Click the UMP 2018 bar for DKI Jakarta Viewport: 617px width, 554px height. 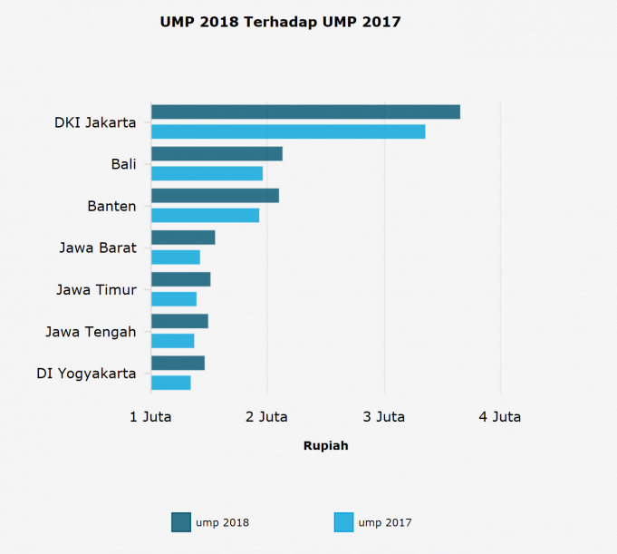305,112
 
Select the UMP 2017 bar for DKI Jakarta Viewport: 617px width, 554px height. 288,131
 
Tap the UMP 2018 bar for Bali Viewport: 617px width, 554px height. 217,153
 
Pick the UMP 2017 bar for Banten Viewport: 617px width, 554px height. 205,215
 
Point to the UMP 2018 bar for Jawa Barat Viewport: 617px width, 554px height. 183,238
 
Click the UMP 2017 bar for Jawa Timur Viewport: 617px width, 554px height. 174,299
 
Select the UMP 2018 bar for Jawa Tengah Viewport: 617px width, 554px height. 179,321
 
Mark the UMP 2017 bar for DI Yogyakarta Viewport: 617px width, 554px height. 171,383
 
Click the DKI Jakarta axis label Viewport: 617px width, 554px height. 95,122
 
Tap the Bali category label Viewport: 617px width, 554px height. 123,164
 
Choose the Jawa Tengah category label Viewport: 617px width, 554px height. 91,332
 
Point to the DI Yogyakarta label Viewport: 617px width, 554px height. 86,374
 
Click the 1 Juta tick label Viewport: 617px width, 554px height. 150,417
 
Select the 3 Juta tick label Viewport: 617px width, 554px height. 384,417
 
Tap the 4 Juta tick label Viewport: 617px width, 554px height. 500,417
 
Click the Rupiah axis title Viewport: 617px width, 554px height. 325,446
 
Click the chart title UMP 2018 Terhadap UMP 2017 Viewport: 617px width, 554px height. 280,22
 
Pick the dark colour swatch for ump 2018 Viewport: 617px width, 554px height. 181,522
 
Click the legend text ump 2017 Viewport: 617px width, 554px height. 385,522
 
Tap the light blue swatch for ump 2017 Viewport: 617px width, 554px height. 344,522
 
